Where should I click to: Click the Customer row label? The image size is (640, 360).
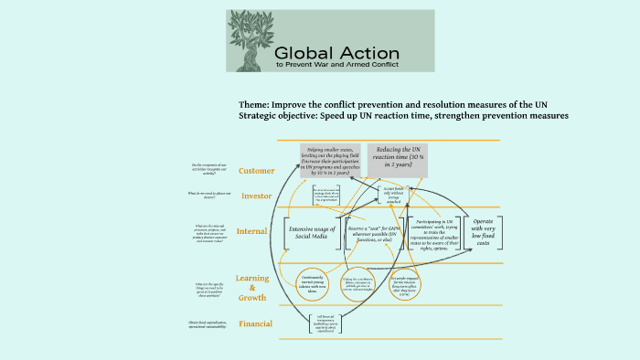click(x=257, y=171)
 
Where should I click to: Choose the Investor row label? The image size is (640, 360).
click(x=257, y=196)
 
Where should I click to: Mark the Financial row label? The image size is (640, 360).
click(x=256, y=323)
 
